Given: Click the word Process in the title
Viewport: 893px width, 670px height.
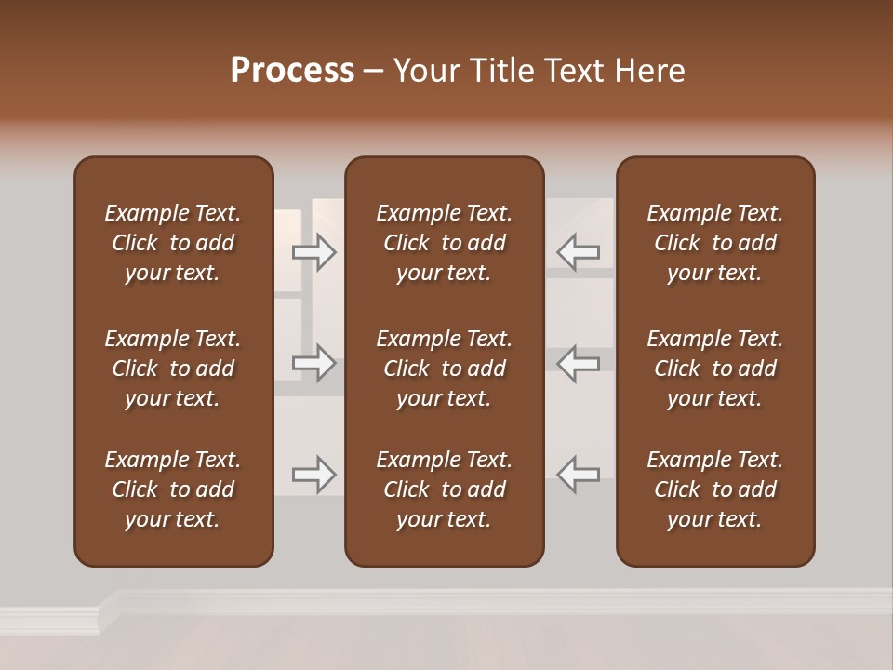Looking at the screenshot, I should point(292,71).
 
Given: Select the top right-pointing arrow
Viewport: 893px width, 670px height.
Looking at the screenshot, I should point(314,252).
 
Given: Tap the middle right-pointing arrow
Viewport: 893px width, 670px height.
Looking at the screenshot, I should point(314,363).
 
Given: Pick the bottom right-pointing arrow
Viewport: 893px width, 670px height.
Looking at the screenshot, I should point(314,475).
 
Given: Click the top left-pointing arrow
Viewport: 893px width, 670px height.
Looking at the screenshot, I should point(579,252).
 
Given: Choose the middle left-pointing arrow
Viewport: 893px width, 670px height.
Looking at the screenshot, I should point(579,363).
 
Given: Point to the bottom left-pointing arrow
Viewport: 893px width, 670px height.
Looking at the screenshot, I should point(579,475).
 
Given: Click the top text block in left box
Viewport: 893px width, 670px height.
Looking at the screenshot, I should point(173,243).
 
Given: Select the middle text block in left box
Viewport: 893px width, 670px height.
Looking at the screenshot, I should point(173,368).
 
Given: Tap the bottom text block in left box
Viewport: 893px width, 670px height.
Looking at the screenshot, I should point(173,489).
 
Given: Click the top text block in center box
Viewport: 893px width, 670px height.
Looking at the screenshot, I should point(445,243).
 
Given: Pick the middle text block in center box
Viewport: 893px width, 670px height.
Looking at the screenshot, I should point(445,368).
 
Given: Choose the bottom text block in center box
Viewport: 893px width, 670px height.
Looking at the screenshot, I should point(445,489).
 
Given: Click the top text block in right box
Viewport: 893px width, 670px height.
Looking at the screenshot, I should point(715,243).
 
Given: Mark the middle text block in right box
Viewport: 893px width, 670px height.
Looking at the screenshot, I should point(715,368).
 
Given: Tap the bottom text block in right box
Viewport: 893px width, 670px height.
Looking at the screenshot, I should point(715,489).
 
